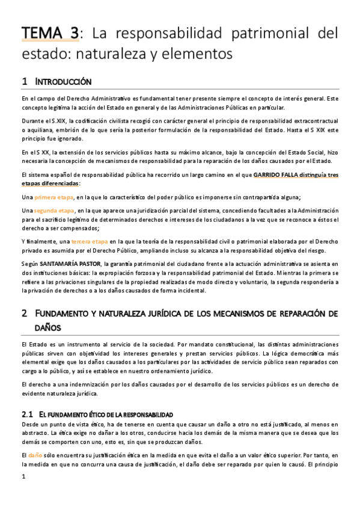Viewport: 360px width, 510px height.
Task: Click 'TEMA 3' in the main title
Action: click(x=50, y=34)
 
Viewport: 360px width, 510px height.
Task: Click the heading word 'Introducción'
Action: click(x=63, y=81)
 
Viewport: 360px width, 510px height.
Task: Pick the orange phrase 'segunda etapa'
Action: click(x=54, y=210)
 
